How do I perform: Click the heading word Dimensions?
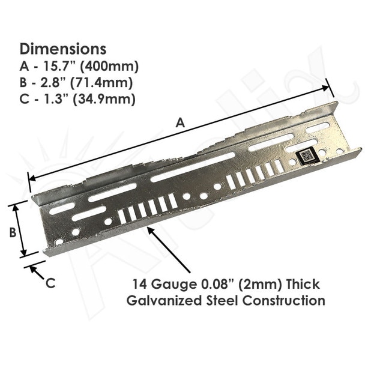tap(63, 49)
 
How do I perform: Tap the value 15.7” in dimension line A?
tap(60, 66)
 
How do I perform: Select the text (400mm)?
tap(109, 67)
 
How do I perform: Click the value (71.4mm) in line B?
tap(101, 83)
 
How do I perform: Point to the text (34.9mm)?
tap(104, 100)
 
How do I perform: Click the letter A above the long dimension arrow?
tap(180, 122)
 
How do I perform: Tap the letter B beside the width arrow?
tap(13, 232)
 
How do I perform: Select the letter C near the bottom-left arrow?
tap(50, 283)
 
